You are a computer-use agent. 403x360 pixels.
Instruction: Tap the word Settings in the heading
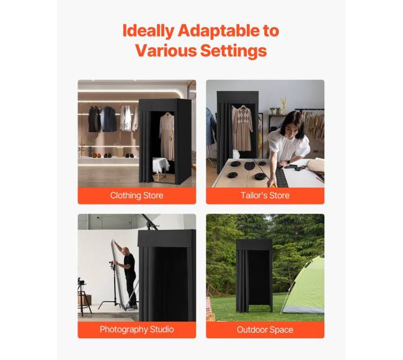[233, 50]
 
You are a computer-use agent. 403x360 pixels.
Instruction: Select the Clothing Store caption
[137, 195]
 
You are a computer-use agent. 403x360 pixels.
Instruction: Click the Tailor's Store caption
[265, 195]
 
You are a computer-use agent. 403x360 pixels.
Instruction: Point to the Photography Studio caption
[137, 329]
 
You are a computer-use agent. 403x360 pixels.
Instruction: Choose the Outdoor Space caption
[265, 330]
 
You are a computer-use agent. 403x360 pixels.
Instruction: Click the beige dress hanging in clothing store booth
[167, 136]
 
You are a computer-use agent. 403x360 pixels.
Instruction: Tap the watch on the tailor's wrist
[289, 162]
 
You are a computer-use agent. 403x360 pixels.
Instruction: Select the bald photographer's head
[125, 251]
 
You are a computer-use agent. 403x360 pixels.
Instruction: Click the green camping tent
[303, 285]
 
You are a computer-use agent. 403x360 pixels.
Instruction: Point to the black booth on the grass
[254, 276]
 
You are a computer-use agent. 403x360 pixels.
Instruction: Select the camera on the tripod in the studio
[81, 281]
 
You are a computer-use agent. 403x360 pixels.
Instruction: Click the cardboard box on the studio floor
[85, 300]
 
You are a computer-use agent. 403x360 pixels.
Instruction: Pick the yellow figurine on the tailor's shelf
[283, 105]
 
